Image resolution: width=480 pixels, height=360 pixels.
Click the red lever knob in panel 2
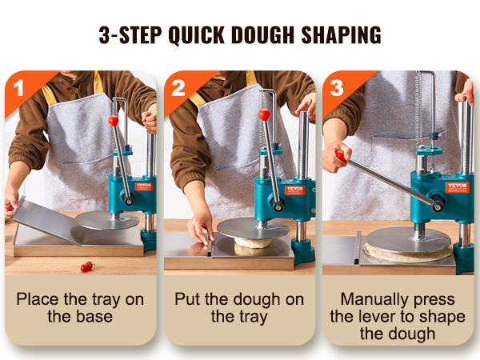[264, 114]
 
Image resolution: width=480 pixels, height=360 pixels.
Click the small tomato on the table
[86, 266]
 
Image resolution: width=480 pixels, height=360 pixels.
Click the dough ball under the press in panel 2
[253, 249]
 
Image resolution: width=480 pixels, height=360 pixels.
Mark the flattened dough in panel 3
[404, 254]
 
